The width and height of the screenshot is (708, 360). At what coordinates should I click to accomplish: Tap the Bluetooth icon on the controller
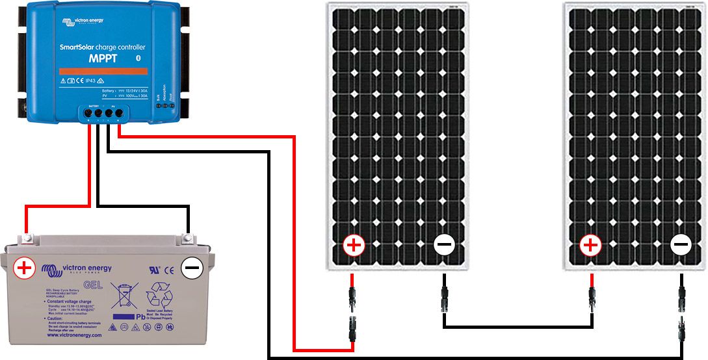coord(137,58)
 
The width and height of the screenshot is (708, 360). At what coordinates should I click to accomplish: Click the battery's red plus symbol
coord(25,268)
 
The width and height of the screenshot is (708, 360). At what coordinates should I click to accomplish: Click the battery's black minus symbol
coord(192,268)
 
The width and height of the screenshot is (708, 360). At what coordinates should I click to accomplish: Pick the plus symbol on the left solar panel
coord(354,246)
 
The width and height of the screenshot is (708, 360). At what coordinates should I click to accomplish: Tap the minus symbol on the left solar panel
coord(445,246)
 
